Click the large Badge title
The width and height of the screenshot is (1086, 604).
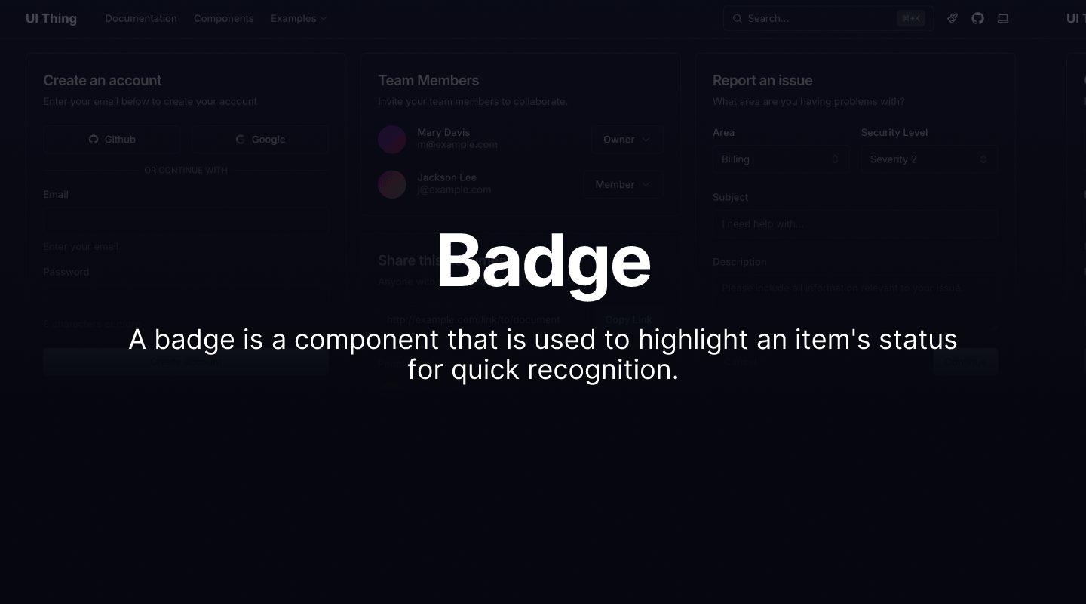tap(543, 260)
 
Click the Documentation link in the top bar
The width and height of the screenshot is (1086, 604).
tap(141, 18)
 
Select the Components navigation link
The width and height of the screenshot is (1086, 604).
tap(223, 18)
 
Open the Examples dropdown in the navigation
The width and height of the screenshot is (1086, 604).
tap(298, 18)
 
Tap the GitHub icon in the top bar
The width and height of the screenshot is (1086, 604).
tap(977, 18)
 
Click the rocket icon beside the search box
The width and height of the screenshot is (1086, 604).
tap(953, 18)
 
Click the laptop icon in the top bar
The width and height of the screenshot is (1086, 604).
tap(1003, 18)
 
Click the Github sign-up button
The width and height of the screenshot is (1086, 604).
tap(112, 139)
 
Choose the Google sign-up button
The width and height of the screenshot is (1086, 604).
tap(259, 139)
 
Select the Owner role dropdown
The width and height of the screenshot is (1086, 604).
tap(627, 139)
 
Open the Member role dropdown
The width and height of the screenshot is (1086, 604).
tap(623, 184)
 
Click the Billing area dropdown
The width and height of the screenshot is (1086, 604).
tap(780, 159)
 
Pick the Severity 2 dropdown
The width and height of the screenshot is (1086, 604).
tap(928, 159)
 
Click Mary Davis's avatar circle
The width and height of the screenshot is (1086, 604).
tap(392, 139)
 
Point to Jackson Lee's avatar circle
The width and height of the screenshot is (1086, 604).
tap(392, 184)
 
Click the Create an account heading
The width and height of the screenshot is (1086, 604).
tap(103, 80)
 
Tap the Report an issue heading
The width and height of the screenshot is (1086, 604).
tap(762, 80)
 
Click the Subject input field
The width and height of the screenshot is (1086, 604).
tap(854, 224)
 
